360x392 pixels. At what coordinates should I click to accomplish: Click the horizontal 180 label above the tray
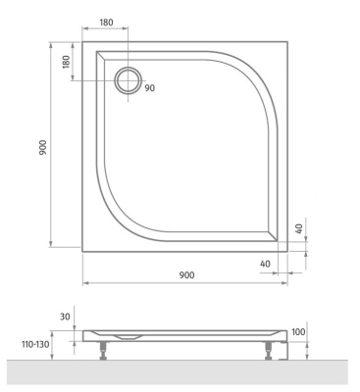(106, 23)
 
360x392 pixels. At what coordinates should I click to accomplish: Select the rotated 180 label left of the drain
(66, 62)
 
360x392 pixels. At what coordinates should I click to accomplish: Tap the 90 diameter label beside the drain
(150, 88)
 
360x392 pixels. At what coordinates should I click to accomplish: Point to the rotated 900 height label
(43, 147)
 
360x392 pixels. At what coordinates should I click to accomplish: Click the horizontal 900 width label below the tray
(186, 275)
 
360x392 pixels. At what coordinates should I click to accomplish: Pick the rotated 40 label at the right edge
(299, 228)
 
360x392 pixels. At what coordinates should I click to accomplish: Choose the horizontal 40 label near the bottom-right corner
(266, 264)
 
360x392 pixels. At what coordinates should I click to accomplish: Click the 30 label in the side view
(65, 317)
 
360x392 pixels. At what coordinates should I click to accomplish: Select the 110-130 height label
(35, 344)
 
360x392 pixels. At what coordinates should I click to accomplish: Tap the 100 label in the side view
(298, 332)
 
